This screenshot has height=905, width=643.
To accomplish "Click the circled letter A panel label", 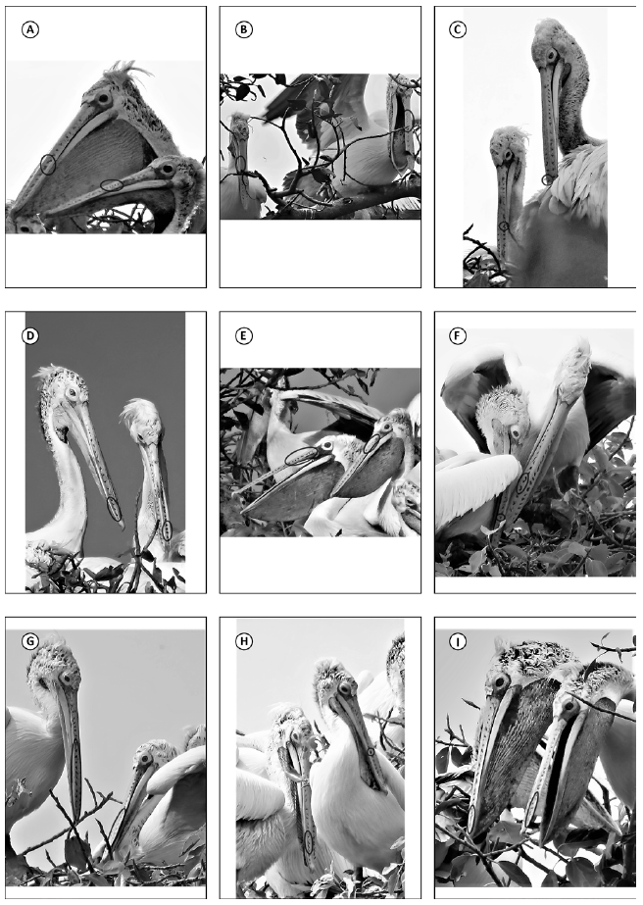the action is click(29, 29).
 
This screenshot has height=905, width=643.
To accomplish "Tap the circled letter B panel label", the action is click(244, 29).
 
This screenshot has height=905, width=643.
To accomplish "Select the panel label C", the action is click(458, 29).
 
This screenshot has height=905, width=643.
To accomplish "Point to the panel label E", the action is click(244, 336).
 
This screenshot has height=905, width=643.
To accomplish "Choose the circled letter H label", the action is click(244, 641).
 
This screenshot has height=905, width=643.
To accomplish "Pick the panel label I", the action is click(458, 641).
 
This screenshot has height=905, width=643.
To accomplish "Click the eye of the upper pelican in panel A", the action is click(104, 98).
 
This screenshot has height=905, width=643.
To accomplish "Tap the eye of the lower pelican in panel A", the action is click(167, 169).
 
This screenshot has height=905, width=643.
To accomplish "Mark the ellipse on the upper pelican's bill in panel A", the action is click(48, 165).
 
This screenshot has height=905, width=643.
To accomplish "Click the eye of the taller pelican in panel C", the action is click(553, 56).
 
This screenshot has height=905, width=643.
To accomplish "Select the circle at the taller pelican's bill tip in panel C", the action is click(547, 180).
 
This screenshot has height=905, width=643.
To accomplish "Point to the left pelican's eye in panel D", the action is click(71, 392).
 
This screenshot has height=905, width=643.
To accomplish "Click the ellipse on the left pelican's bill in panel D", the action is click(115, 509).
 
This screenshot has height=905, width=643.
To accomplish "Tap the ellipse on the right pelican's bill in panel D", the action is click(167, 529).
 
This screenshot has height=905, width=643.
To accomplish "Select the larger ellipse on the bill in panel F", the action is click(522, 482).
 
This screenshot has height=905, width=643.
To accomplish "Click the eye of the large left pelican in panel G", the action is click(68, 677).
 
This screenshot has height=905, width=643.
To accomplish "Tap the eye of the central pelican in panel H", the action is click(345, 688).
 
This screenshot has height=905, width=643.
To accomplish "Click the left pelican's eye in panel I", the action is click(500, 682).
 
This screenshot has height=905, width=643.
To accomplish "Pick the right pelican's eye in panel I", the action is click(570, 705).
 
